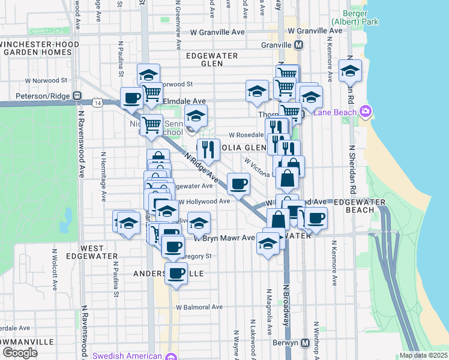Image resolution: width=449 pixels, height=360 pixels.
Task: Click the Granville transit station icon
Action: [x=298, y=45]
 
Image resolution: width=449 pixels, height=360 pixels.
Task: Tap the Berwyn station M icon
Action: [x=305, y=343]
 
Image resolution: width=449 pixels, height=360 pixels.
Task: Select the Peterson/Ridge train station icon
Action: [x=77, y=95]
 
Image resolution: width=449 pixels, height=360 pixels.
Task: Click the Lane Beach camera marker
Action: [x=365, y=112]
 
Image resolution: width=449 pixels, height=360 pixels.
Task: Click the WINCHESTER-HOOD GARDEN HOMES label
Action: [x=37, y=49]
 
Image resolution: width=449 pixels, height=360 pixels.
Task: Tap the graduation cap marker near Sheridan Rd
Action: [x=350, y=71]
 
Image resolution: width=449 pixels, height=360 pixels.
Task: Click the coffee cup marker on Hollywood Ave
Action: [x=238, y=184]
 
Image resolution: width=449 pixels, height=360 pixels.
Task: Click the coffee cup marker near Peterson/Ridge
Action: [x=131, y=99]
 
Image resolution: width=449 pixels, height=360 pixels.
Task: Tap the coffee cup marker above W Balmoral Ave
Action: [x=176, y=274]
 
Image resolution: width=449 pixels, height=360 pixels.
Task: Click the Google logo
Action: [x=20, y=353]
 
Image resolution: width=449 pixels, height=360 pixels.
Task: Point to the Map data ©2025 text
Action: [x=423, y=355]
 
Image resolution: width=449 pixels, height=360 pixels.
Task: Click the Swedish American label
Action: [x=128, y=355]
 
